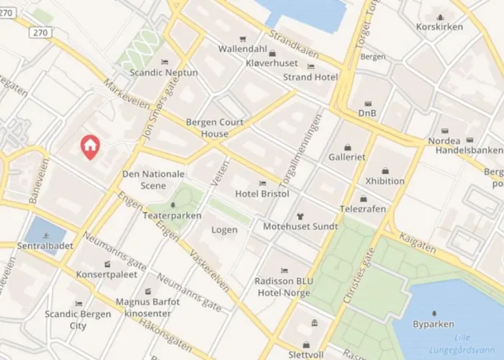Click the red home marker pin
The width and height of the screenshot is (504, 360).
[90, 146]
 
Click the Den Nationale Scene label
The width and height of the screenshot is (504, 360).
[153, 179]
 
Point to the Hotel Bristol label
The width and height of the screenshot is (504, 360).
[262, 194]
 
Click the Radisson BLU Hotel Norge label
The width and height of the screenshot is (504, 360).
[282, 287]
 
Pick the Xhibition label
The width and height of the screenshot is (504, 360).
[384, 181]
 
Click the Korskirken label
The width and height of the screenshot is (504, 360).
[439, 27]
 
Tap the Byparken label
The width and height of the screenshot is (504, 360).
[433, 325]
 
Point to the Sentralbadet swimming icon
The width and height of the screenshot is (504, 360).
[46, 235]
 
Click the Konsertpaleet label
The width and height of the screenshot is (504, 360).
[107, 275]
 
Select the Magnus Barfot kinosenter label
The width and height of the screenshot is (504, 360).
[148, 307]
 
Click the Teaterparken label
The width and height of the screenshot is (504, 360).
[171, 215]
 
